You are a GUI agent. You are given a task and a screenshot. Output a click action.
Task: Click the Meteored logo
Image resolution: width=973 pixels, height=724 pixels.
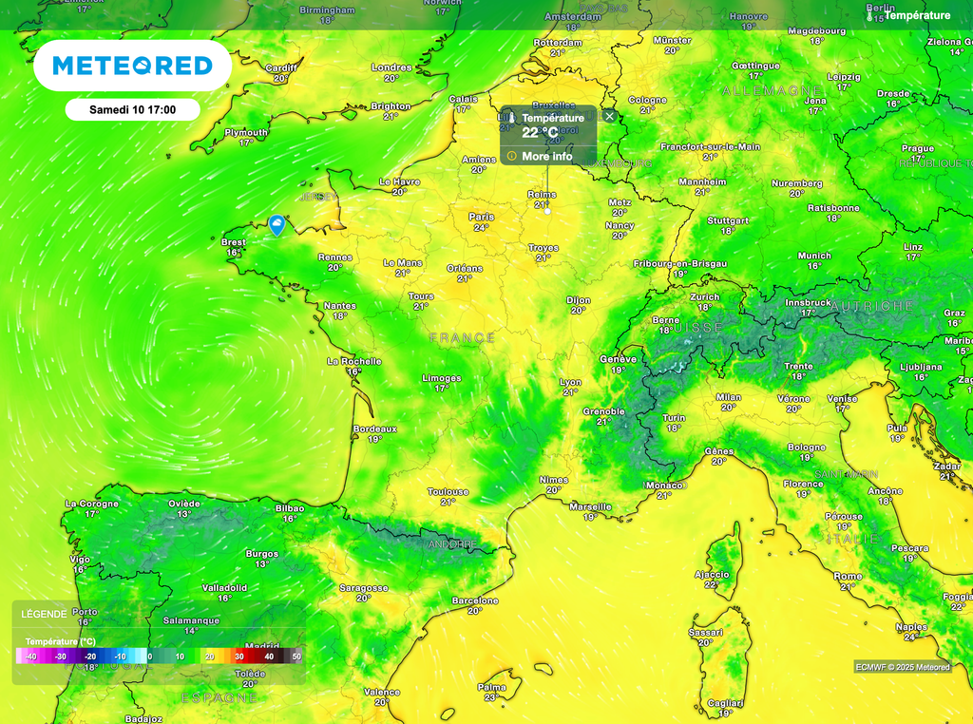click(132, 66)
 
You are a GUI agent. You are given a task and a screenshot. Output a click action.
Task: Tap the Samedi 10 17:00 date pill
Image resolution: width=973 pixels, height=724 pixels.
click(132, 109)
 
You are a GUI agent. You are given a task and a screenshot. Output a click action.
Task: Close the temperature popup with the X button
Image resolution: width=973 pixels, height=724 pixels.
click(610, 116)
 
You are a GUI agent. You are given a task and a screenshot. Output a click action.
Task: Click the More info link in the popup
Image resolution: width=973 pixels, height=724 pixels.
click(546, 156)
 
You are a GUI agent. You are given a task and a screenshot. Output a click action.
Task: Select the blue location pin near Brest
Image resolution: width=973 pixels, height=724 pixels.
click(277, 224)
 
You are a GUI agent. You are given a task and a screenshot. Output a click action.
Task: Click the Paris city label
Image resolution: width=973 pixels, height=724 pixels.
click(482, 217)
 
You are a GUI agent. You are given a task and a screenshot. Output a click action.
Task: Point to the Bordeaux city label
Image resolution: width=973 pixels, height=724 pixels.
click(374, 429)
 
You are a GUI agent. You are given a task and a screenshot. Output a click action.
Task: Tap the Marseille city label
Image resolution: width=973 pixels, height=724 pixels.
click(590, 506)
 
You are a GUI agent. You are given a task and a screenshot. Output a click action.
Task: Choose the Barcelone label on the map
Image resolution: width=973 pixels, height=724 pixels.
click(475, 600)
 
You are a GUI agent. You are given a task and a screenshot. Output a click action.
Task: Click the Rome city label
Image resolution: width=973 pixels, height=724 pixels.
click(848, 576)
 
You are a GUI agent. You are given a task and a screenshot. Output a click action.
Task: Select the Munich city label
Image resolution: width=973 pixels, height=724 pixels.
click(814, 256)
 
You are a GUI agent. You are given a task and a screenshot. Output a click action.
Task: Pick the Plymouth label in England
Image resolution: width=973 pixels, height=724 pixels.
click(246, 132)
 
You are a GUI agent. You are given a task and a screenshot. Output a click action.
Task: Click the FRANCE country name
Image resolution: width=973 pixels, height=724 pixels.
click(462, 337)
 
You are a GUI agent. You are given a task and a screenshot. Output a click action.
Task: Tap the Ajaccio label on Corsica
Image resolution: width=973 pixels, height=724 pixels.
click(712, 574)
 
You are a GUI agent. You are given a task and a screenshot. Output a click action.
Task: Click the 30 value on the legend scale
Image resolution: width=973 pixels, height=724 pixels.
click(239, 657)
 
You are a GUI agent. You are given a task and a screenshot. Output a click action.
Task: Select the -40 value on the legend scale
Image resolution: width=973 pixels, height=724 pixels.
click(31, 657)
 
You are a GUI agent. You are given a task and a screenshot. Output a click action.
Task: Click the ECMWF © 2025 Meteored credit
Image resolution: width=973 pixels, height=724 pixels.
click(902, 667)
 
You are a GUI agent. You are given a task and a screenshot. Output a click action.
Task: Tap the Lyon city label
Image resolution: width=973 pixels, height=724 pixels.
click(570, 381)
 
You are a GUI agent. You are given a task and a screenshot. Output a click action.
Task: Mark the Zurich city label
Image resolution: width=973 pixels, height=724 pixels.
click(705, 296)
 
